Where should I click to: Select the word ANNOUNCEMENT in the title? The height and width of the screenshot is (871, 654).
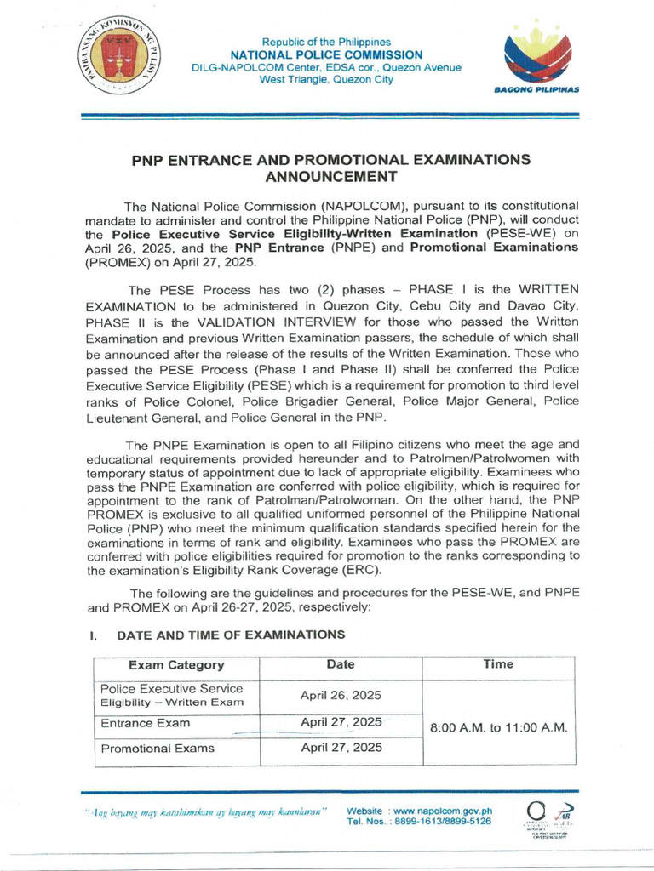331,177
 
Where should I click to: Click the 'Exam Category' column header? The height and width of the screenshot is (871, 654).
176,665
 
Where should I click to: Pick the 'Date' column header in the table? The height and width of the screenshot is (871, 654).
341,664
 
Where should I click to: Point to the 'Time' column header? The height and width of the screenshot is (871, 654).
498,664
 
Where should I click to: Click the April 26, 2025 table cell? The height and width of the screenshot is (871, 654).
341,695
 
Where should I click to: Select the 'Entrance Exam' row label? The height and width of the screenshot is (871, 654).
146,723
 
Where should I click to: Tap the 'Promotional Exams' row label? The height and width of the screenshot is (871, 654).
158,749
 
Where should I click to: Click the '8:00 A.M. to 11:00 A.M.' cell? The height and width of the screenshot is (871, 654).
498,728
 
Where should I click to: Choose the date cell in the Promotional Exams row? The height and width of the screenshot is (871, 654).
341,749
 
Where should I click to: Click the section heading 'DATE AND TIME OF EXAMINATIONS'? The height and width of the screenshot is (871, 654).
231,635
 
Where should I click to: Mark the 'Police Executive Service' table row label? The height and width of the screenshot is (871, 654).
171,688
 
